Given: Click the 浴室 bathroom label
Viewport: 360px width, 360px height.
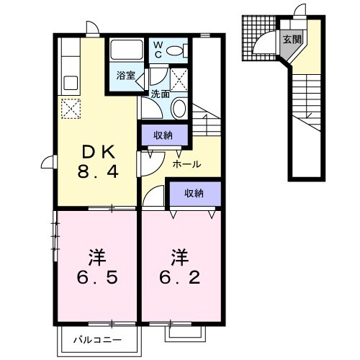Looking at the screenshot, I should [125, 75].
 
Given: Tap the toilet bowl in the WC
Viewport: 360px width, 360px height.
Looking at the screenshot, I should [184, 50].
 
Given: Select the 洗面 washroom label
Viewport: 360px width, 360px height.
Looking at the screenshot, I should [160, 94].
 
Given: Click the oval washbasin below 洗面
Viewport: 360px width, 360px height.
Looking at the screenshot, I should [180, 109].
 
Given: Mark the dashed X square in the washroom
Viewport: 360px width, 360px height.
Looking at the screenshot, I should [180, 78].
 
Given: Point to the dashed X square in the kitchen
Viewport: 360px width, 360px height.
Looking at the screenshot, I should [70, 109].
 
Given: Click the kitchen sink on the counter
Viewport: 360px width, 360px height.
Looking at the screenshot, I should [70, 81].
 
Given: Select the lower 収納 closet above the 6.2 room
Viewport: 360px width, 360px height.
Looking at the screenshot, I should [193, 193].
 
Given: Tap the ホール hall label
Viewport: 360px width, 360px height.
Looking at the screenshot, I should [186, 163].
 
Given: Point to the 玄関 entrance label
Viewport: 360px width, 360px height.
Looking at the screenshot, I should [292, 40].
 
